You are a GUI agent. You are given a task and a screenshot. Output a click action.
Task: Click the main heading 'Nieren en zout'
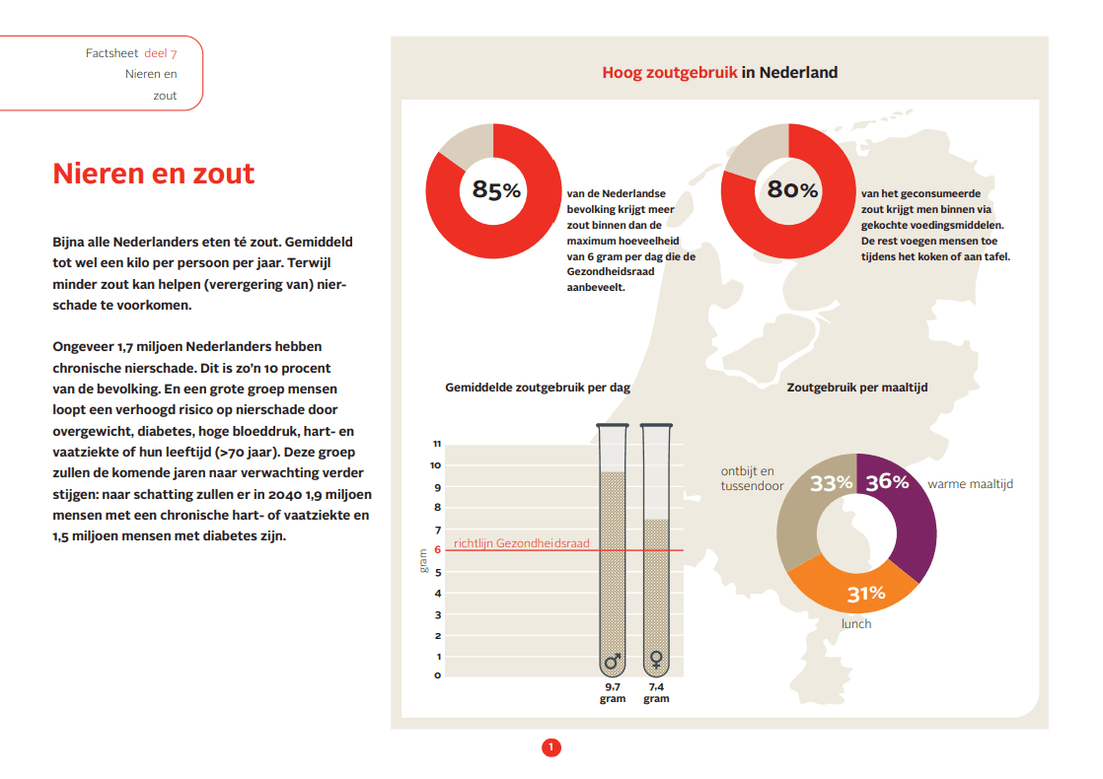point(153,174)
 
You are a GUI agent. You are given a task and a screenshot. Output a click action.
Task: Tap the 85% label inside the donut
point(495,189)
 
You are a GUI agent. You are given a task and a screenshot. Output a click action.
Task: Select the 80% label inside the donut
point(792,189)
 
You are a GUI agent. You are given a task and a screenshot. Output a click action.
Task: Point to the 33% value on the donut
point(831,483)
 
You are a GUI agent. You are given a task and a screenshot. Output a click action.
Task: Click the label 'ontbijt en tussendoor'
point(747,479)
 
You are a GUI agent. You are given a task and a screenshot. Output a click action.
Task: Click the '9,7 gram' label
point(613,692)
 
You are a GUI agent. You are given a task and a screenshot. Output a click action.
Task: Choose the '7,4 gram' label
point(656,692)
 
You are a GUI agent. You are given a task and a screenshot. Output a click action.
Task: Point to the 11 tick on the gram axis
point(436,444)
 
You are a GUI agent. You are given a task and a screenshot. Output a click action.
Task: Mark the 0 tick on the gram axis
point(437,675)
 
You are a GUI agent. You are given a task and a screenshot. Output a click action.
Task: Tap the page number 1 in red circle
point(551,747)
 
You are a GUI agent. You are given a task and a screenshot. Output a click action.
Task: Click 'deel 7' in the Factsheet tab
point(161,53)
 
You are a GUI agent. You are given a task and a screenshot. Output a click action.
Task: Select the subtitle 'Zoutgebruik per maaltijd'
point(856,388)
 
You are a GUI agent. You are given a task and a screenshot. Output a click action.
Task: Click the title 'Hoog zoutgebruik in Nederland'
point(719,72)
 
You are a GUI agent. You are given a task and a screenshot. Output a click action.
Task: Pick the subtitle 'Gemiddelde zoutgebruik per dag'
point(538,388)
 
